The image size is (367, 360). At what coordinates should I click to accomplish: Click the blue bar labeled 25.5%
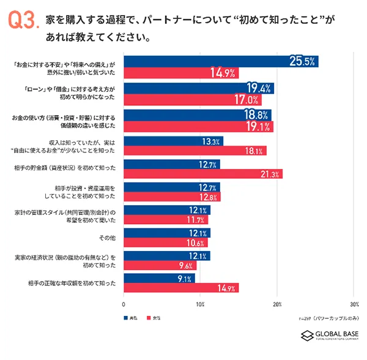(x=221, y=61)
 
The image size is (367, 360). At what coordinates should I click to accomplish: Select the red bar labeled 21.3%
(x=203, y=174)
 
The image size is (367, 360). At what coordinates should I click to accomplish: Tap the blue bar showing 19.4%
(x=199, y=88)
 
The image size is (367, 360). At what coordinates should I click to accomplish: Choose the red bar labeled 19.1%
(x=198, y=127)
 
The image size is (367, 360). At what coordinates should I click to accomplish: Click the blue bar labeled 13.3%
(x=173, y=141)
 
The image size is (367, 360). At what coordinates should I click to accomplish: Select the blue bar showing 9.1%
(x=160, y=279)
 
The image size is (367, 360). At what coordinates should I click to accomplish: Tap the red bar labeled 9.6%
(x=160, y=266)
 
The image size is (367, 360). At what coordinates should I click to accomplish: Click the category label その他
(x=108, y=238)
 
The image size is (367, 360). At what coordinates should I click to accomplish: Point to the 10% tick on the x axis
(x=200, y=304)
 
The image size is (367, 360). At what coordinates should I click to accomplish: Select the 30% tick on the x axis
(x=354, y=304)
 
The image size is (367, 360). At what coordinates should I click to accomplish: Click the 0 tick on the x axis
(x=124, y=304)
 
